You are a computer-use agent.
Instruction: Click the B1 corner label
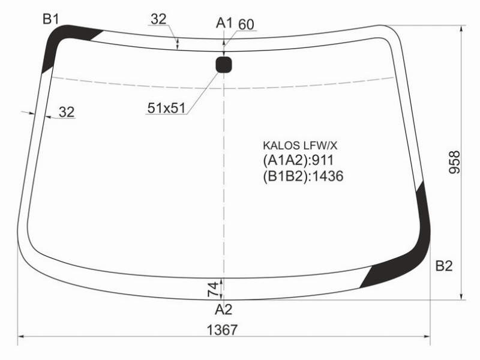50,19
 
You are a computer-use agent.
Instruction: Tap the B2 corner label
444,266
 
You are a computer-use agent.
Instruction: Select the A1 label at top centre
224,23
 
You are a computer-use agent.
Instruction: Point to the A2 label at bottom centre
224,310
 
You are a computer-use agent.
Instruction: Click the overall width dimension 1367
222,330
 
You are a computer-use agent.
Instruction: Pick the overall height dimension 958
454,162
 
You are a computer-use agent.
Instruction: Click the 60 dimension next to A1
246,25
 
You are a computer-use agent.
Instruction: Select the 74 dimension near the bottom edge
214,289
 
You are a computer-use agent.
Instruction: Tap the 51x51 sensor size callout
167,108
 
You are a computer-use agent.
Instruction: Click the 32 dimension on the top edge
158,19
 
